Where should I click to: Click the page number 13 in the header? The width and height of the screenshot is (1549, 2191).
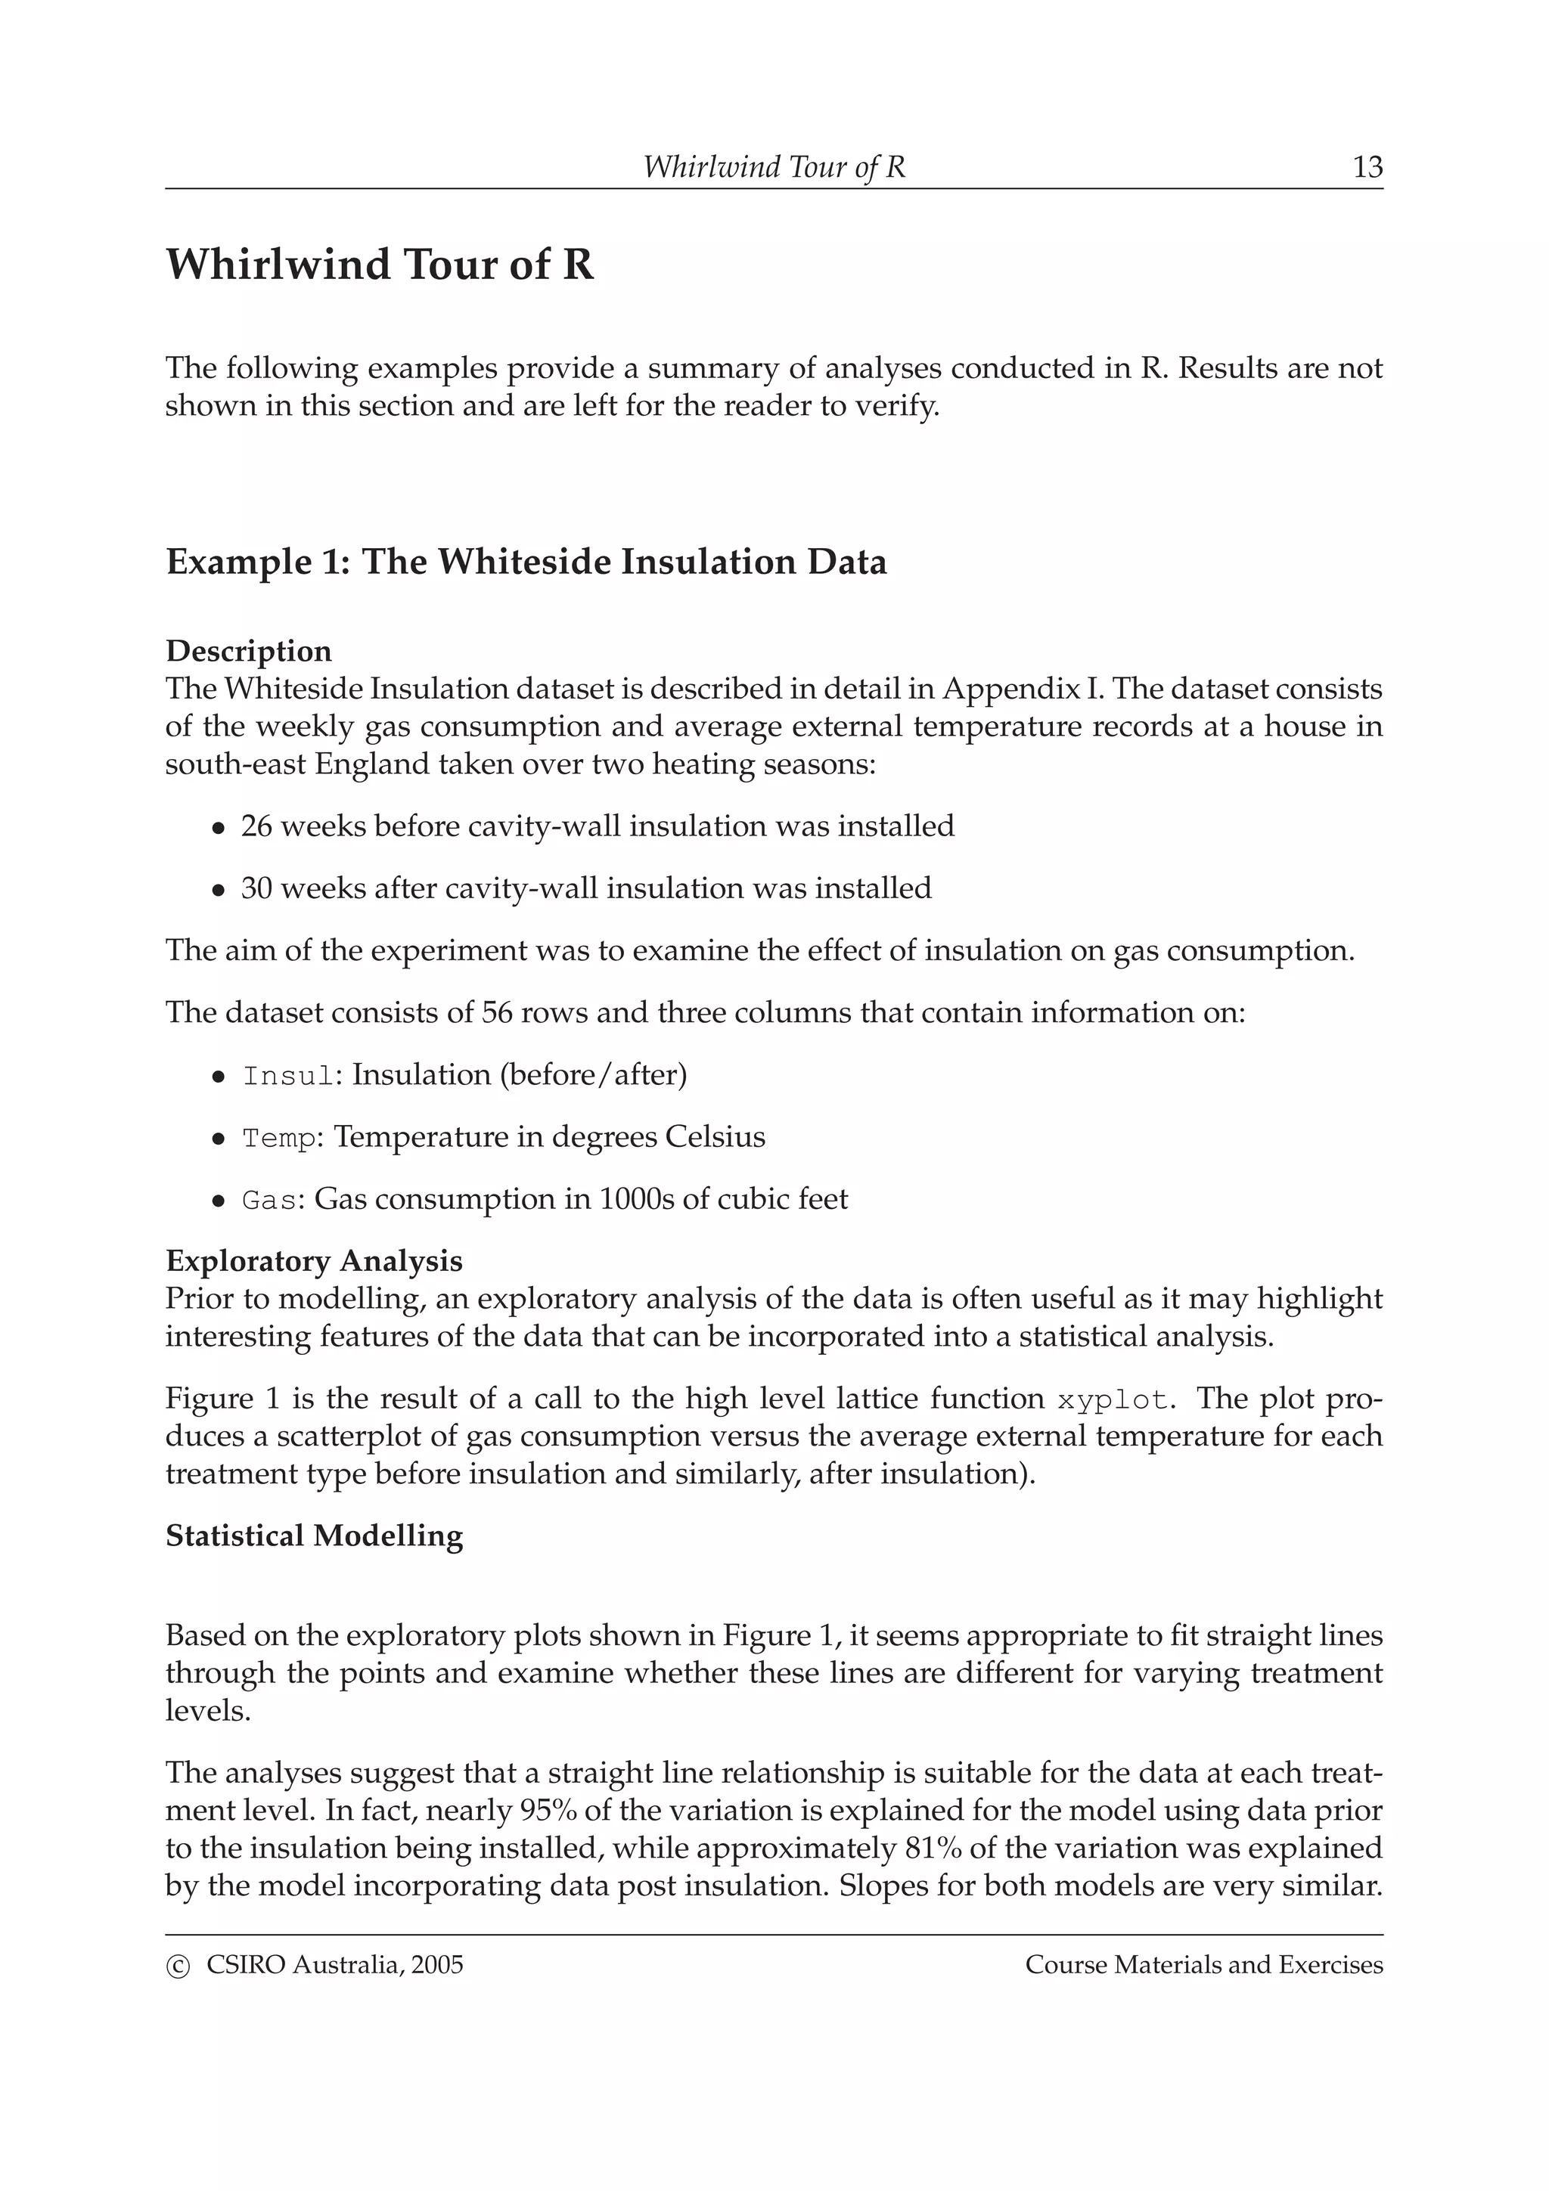1367,167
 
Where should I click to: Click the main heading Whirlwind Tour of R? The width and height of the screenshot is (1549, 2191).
380,265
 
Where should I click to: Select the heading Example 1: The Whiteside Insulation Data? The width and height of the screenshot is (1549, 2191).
526,561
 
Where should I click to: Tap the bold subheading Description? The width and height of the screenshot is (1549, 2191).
249,651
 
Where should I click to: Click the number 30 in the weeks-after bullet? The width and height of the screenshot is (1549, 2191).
256,888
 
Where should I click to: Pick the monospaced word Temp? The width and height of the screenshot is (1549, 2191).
278,1139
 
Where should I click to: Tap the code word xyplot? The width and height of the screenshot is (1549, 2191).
1112,1401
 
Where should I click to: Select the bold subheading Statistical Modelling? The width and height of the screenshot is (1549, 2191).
314,1536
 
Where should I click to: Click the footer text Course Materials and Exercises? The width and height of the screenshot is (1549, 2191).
1203,1965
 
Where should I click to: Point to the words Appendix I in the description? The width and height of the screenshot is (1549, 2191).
1017,688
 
